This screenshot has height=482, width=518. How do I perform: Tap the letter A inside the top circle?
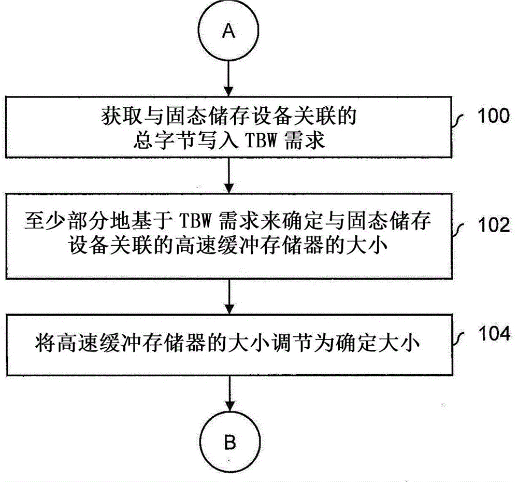tap(228, 32)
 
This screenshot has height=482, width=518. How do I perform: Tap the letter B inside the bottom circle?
tap(229, 443)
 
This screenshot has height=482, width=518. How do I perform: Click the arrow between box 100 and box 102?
tap(228, 175)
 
